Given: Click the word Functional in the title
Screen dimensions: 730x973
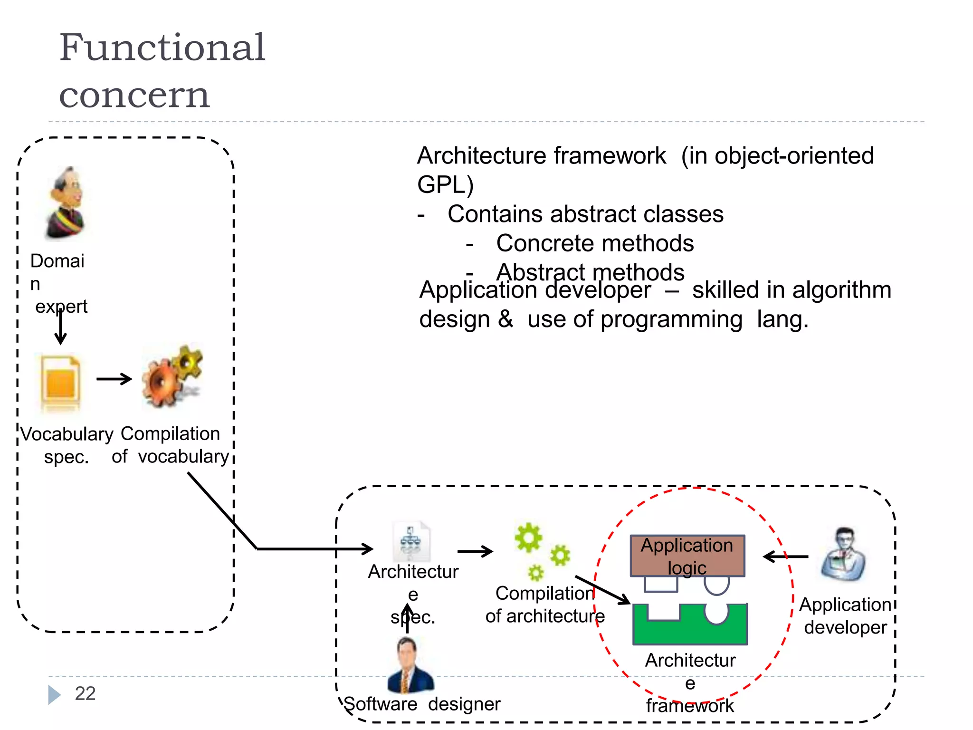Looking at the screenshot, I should pos(162,48).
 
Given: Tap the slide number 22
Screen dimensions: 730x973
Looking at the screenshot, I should pos(85,693).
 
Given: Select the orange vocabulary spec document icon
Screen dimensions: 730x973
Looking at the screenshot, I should pos(60,383).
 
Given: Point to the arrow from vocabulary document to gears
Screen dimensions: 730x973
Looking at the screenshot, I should pos(114,379).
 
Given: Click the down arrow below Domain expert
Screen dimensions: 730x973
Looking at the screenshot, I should pos(60,328).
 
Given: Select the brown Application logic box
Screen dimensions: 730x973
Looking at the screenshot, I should pos(687,556).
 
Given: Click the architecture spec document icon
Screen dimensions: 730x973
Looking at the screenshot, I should pos(411,542).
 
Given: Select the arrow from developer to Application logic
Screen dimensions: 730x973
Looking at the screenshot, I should pos(786,557).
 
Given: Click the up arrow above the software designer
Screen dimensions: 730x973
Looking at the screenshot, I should pos(407,618).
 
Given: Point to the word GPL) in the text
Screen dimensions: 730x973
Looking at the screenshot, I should pos(445,185).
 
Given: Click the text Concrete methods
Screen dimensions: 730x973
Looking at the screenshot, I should pos(594,243).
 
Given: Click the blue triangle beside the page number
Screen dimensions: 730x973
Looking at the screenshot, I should pos(54,695).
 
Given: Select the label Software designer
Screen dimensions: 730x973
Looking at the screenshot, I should pos(421,704).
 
